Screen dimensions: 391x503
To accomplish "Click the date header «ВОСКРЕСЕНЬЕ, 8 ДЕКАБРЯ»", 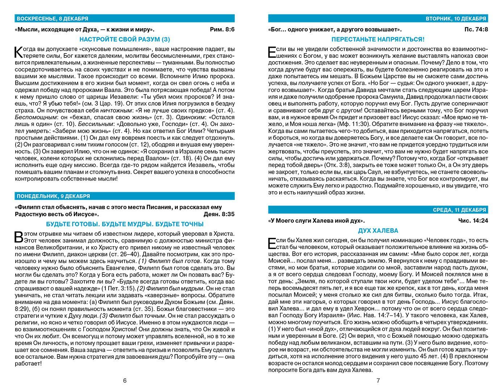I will click(52, 18).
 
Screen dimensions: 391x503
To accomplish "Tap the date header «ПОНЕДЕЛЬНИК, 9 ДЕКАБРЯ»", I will click(53, 196).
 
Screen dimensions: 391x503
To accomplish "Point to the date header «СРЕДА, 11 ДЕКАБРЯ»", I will click(460, 210).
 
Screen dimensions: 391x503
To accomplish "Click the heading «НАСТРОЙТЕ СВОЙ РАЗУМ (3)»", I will click(125, 39).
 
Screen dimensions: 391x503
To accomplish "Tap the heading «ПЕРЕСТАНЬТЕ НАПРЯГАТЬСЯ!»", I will click(378, 39).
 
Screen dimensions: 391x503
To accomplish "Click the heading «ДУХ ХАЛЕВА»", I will click(378, 231).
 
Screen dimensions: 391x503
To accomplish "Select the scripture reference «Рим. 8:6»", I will click(222, 30).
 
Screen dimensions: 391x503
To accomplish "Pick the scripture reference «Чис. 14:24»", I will click(473, 220).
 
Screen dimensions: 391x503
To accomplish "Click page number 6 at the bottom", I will click(125, 381).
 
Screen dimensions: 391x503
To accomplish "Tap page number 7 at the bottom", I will click(378, 381).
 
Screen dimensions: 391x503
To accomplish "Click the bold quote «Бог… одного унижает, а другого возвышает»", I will click(335, 30).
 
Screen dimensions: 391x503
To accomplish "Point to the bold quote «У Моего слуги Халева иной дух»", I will click(317, 220).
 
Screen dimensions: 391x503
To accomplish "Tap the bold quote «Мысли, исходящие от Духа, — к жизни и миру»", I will click(87, 30).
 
